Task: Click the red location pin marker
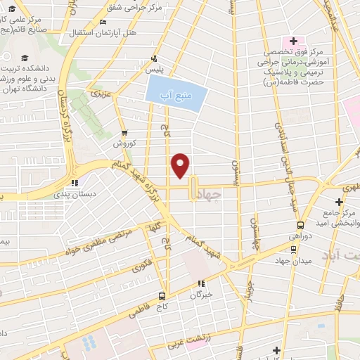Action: [181, 165]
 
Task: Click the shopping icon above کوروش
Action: [124, 133]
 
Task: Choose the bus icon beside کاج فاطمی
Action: [162, 296]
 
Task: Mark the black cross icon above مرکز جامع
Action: [338, 202]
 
